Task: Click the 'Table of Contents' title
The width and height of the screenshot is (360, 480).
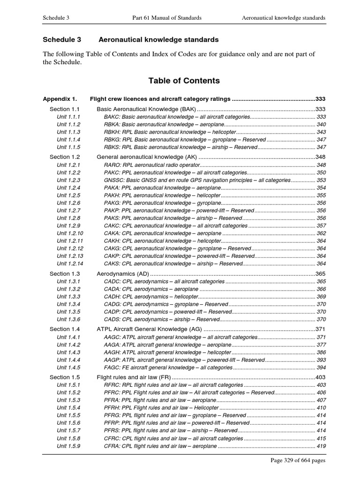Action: pos(184,81)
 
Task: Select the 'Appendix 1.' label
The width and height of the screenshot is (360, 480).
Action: pos(60,99)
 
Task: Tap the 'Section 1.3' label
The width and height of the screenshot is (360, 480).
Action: pos(65,273)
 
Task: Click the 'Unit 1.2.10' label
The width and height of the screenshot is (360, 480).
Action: pos(70,233)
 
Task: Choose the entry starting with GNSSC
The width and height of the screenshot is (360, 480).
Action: pos(197,180)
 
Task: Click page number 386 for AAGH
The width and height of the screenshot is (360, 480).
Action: pos(321,352)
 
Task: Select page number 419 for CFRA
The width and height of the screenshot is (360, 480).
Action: pos(321,446)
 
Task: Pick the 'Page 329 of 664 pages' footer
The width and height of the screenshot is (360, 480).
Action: pos(298,460)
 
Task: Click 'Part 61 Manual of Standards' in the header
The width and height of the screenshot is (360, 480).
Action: pos(167,18)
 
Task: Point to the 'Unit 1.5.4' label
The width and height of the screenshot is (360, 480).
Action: pos(68,407)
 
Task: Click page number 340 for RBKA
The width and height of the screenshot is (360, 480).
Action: pos(321,124)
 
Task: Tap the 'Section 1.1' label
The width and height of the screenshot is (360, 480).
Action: pos(65,109)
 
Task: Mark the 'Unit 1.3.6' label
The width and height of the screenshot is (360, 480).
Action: pos(68,319)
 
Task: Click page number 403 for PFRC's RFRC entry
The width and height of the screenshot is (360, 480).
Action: pos(321,385)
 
